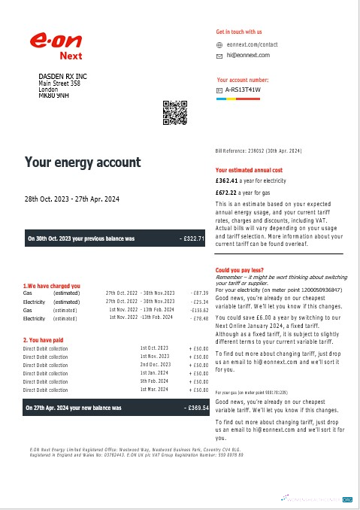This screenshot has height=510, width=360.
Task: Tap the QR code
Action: (174, 111)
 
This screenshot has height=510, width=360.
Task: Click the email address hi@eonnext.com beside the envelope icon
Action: (243, 56)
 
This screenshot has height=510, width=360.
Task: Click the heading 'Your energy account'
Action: (83, 162)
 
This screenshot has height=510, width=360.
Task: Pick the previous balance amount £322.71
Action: (192, 239)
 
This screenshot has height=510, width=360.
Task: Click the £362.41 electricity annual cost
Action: (226, 181)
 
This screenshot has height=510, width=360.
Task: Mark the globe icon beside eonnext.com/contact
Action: (219, 44)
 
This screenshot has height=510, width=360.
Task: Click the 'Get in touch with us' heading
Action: (239, 32)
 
